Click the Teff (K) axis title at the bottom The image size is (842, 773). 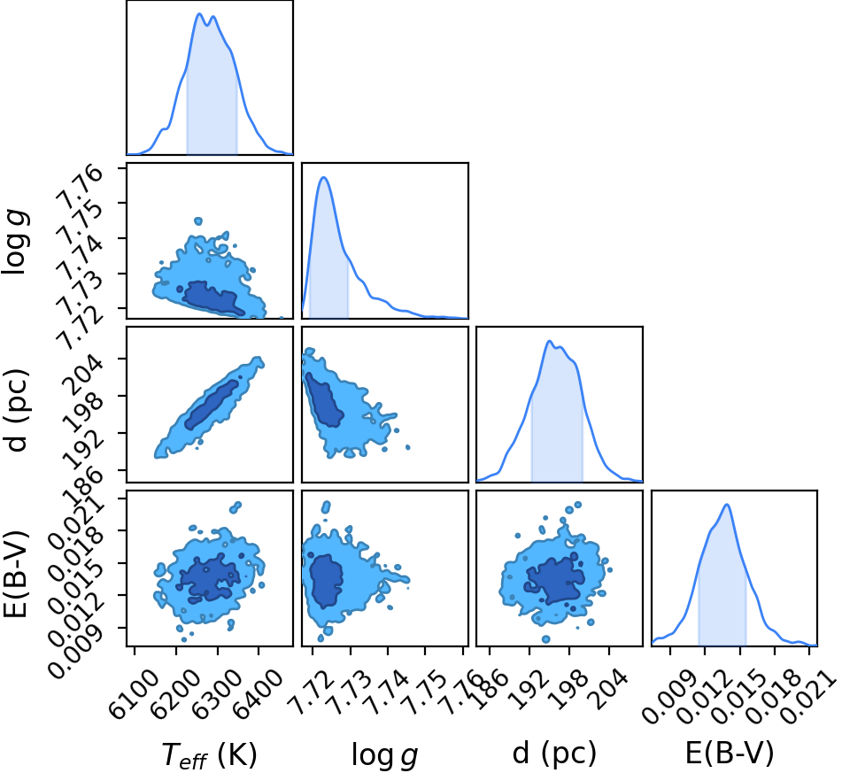(x=210, y=754)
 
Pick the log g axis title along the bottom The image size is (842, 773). (x=384, y=754)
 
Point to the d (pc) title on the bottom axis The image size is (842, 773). (x=554, y=754)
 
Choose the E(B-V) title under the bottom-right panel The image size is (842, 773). (x=730, y=753)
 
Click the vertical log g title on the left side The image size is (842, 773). (x=15, y=243)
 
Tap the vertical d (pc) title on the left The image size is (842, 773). (x=15, y=410)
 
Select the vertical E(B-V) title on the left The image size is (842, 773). (x=16, y=574)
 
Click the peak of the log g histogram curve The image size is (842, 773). (x=323, y=177)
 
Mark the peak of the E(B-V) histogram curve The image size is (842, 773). (x=727, y=505)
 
